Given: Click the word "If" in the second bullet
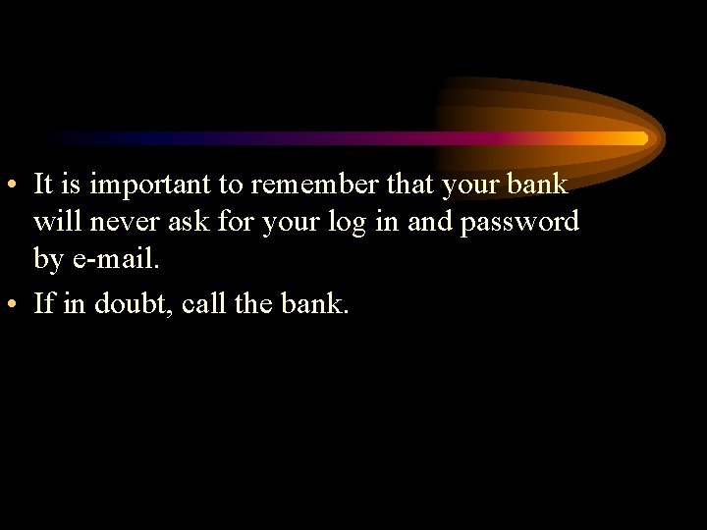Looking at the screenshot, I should tap(43, 303).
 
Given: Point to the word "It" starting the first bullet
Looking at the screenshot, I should tap(42, 185).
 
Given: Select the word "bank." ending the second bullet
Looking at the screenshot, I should tap(314, 303).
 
